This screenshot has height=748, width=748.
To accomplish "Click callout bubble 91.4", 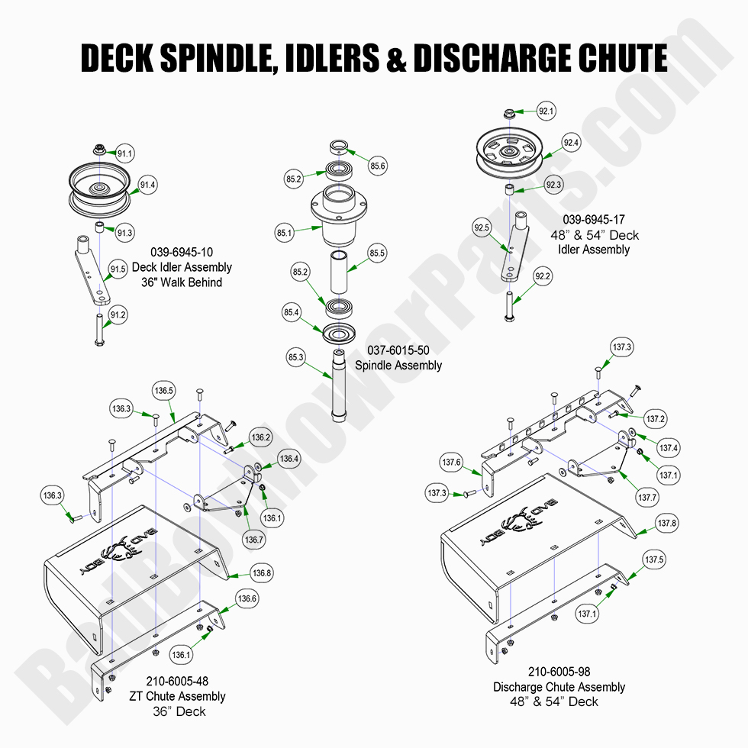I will coord(149,185).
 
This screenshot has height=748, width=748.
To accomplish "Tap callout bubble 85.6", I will coord(378,166).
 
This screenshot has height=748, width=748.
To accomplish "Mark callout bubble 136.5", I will coord(164,391).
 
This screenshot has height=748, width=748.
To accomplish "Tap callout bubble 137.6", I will coord(451,462).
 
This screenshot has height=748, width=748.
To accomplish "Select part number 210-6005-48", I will coord(177,682).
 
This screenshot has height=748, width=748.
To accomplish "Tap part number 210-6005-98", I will coord(559,672).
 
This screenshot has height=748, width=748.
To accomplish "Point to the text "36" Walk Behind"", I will coord(182,282).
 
